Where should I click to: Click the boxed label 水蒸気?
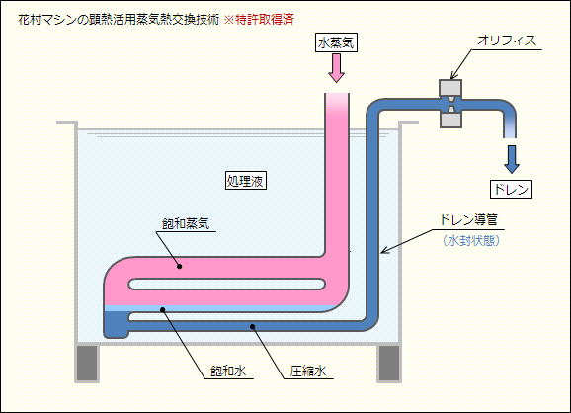[x=336, y=42]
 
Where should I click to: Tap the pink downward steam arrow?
[x=336, y=68]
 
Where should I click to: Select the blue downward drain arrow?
[x=512, y=159]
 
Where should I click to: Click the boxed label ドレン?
[x=511, y=189]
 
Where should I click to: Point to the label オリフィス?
[x=507, y=41]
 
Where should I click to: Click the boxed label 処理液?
[x=245, y=181]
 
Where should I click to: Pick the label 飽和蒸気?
[x=186, y=223]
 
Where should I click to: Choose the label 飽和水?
[x=228, y=372]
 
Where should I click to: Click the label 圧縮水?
[x=307, y=372]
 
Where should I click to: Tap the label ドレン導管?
[x=468, y=220]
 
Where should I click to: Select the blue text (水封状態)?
[x=471, y=241]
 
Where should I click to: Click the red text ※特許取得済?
[x=259, y=20]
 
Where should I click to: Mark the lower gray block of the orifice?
[x=450, y=120]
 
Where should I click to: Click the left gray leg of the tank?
[x=87, y=364]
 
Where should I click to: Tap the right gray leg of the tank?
[x=389, y=364]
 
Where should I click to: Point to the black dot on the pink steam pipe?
[x=179, y=266]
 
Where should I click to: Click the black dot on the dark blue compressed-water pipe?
[x=252, y=326]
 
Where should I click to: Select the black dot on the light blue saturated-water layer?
[x=163, y=309]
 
